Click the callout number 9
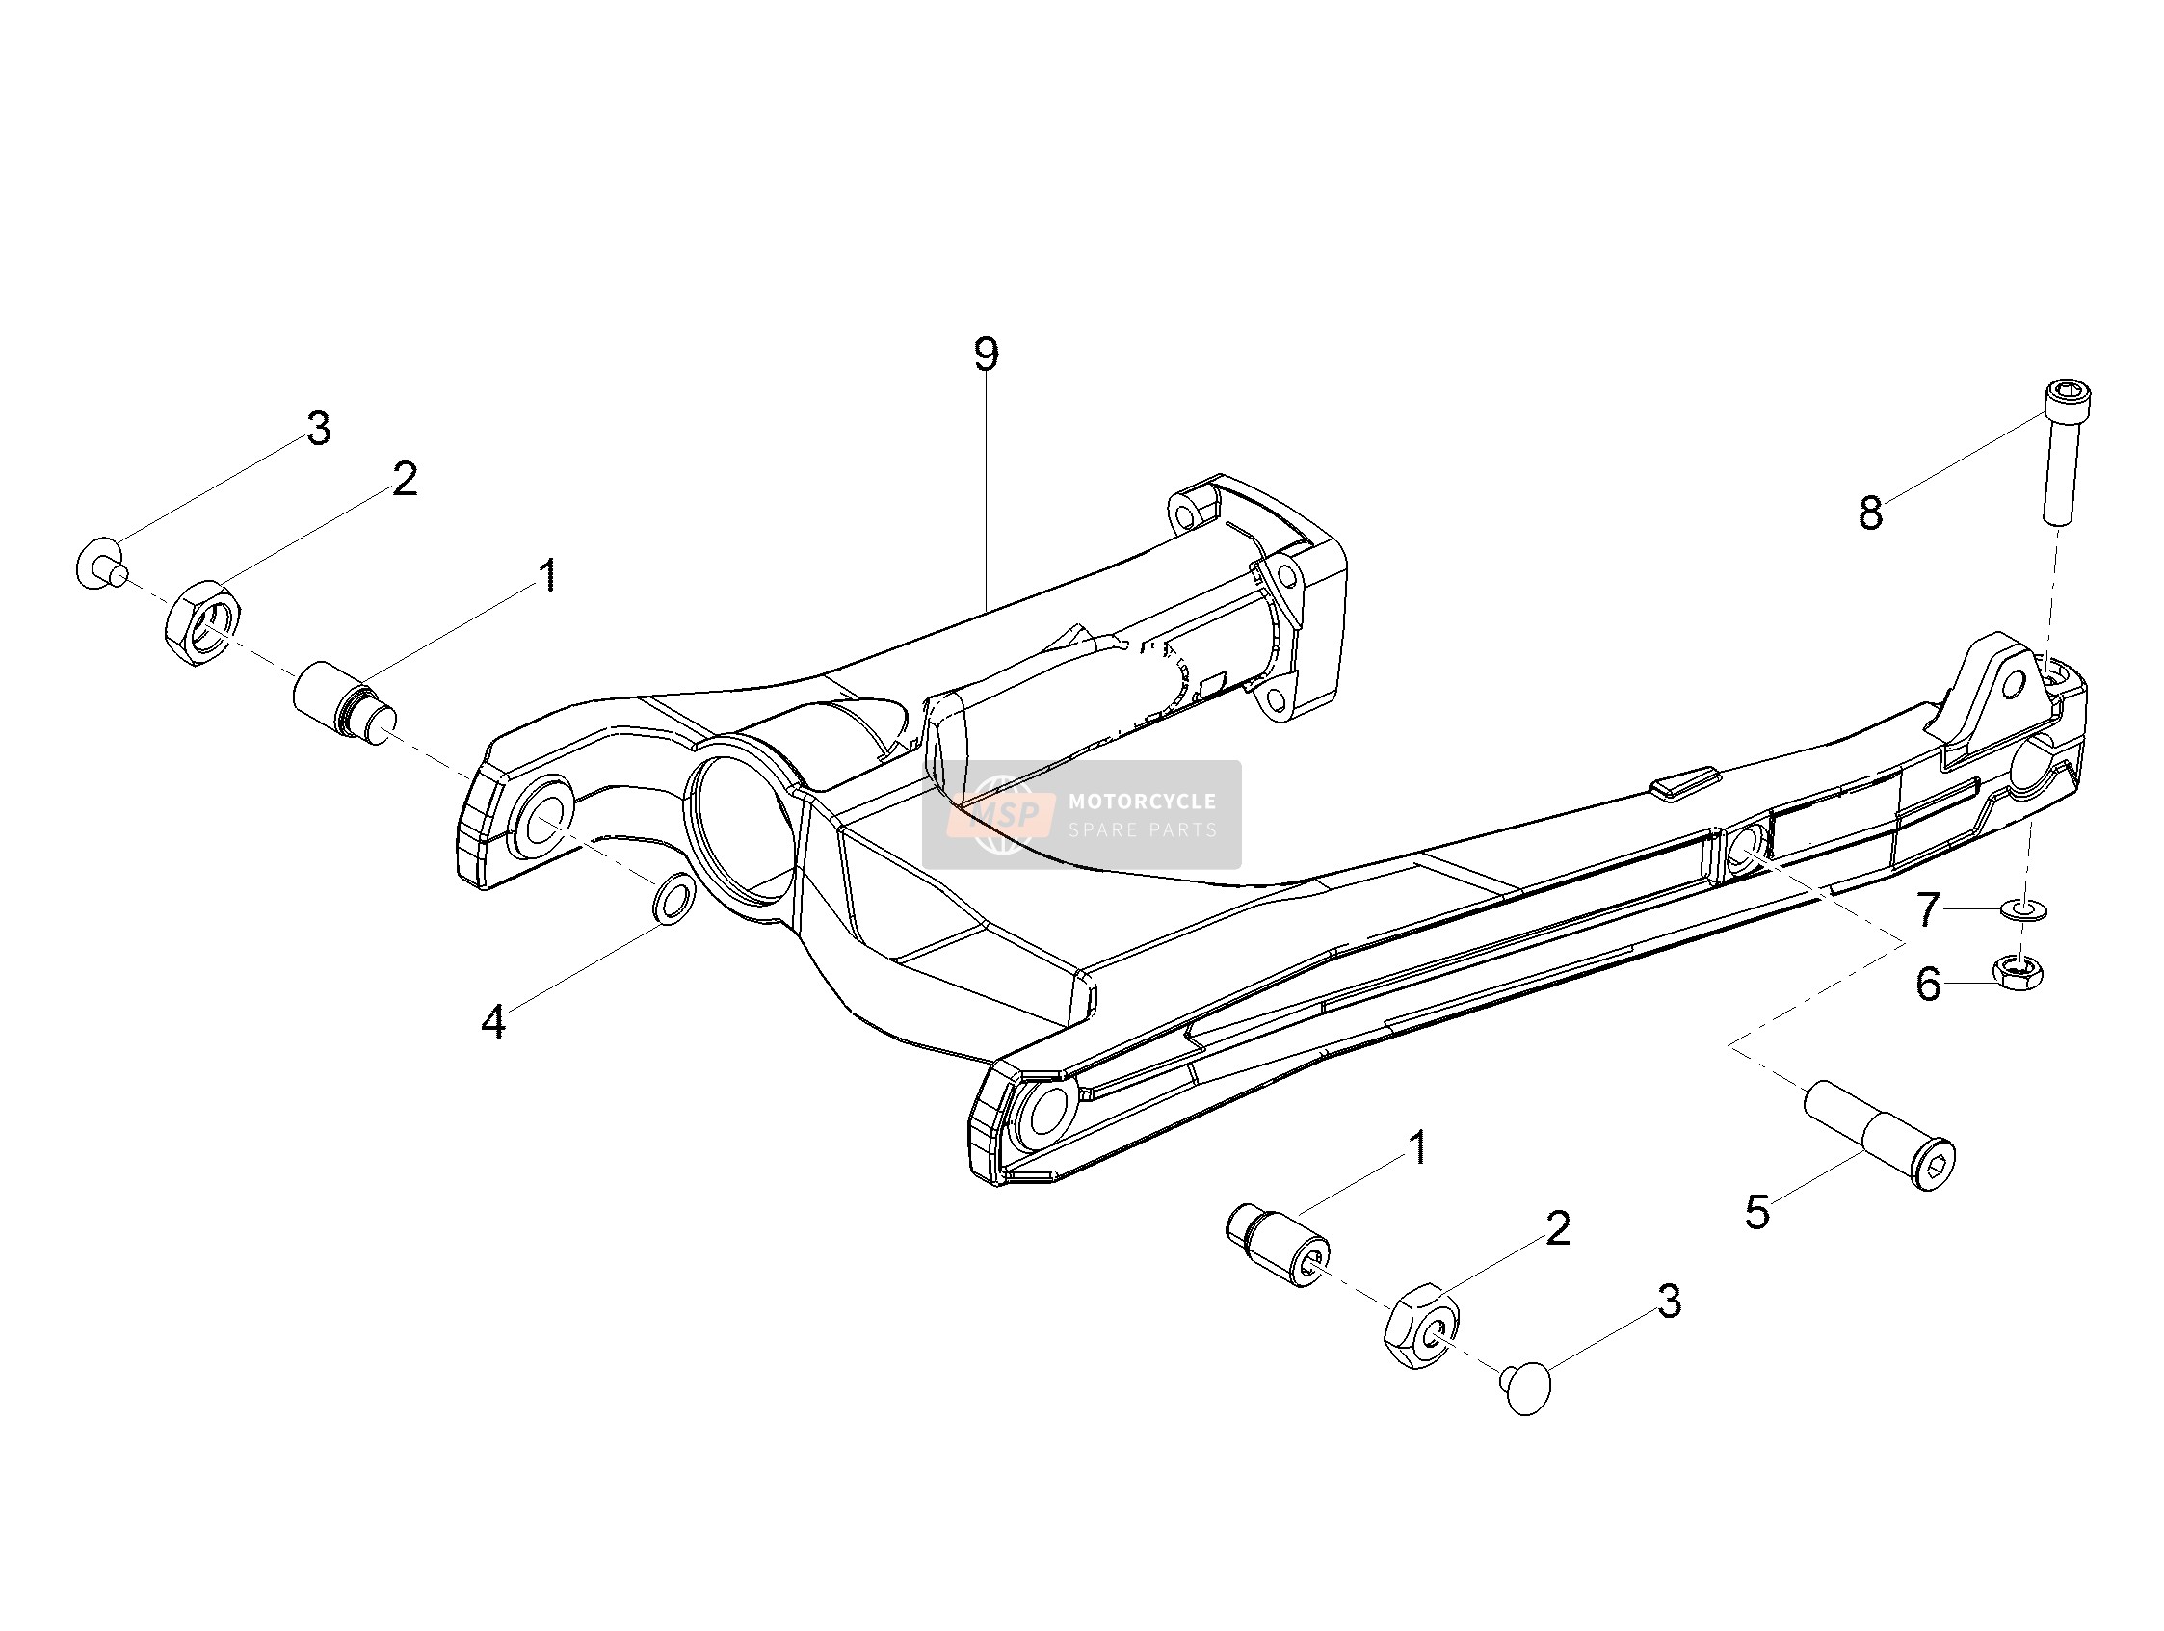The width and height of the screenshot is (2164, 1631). point(986,355)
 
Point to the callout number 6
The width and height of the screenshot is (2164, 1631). point(1928,985)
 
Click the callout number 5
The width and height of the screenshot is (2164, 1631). point(1758,1212)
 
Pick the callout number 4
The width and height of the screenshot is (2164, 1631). point(493,1021)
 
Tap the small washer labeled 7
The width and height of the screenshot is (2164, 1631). point(2028,911)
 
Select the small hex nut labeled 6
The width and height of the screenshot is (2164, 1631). point(2028,971)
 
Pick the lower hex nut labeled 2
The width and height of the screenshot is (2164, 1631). point(1421,1327)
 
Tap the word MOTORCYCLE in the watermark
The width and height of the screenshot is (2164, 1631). point(1142,802)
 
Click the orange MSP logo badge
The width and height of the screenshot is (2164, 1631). point(1001,814)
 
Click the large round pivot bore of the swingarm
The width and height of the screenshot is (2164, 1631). point(742,818)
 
